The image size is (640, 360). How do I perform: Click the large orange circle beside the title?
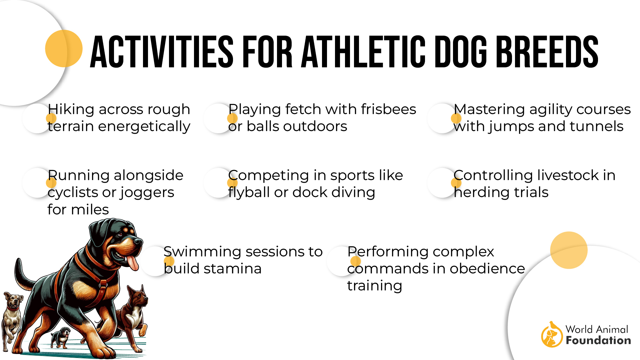coord(64,49)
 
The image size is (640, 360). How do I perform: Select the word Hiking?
coord(71,110)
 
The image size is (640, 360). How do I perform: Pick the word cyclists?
coord(72,193)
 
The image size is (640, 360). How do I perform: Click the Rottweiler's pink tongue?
coord(132,263)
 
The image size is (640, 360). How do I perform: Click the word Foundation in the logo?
coord(598,340)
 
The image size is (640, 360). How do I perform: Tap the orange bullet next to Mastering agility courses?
coord(456,118)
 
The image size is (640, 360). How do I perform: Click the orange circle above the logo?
coord(569,250)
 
